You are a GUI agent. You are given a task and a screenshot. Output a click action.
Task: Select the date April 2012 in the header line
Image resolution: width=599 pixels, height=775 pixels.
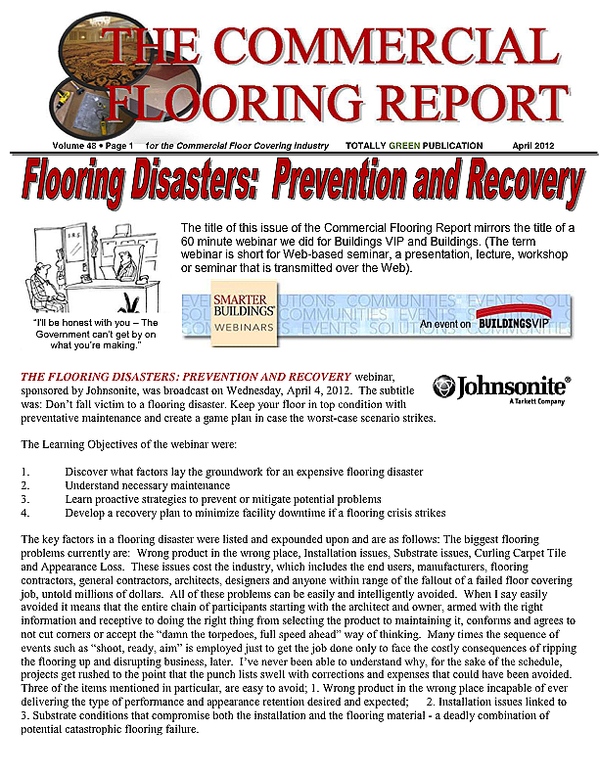click(535, 146)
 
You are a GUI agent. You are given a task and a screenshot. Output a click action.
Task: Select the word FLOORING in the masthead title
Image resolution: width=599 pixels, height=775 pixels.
click(231, 99)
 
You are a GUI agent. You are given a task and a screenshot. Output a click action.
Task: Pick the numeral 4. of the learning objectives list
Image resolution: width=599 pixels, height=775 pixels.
click(25, 513)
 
